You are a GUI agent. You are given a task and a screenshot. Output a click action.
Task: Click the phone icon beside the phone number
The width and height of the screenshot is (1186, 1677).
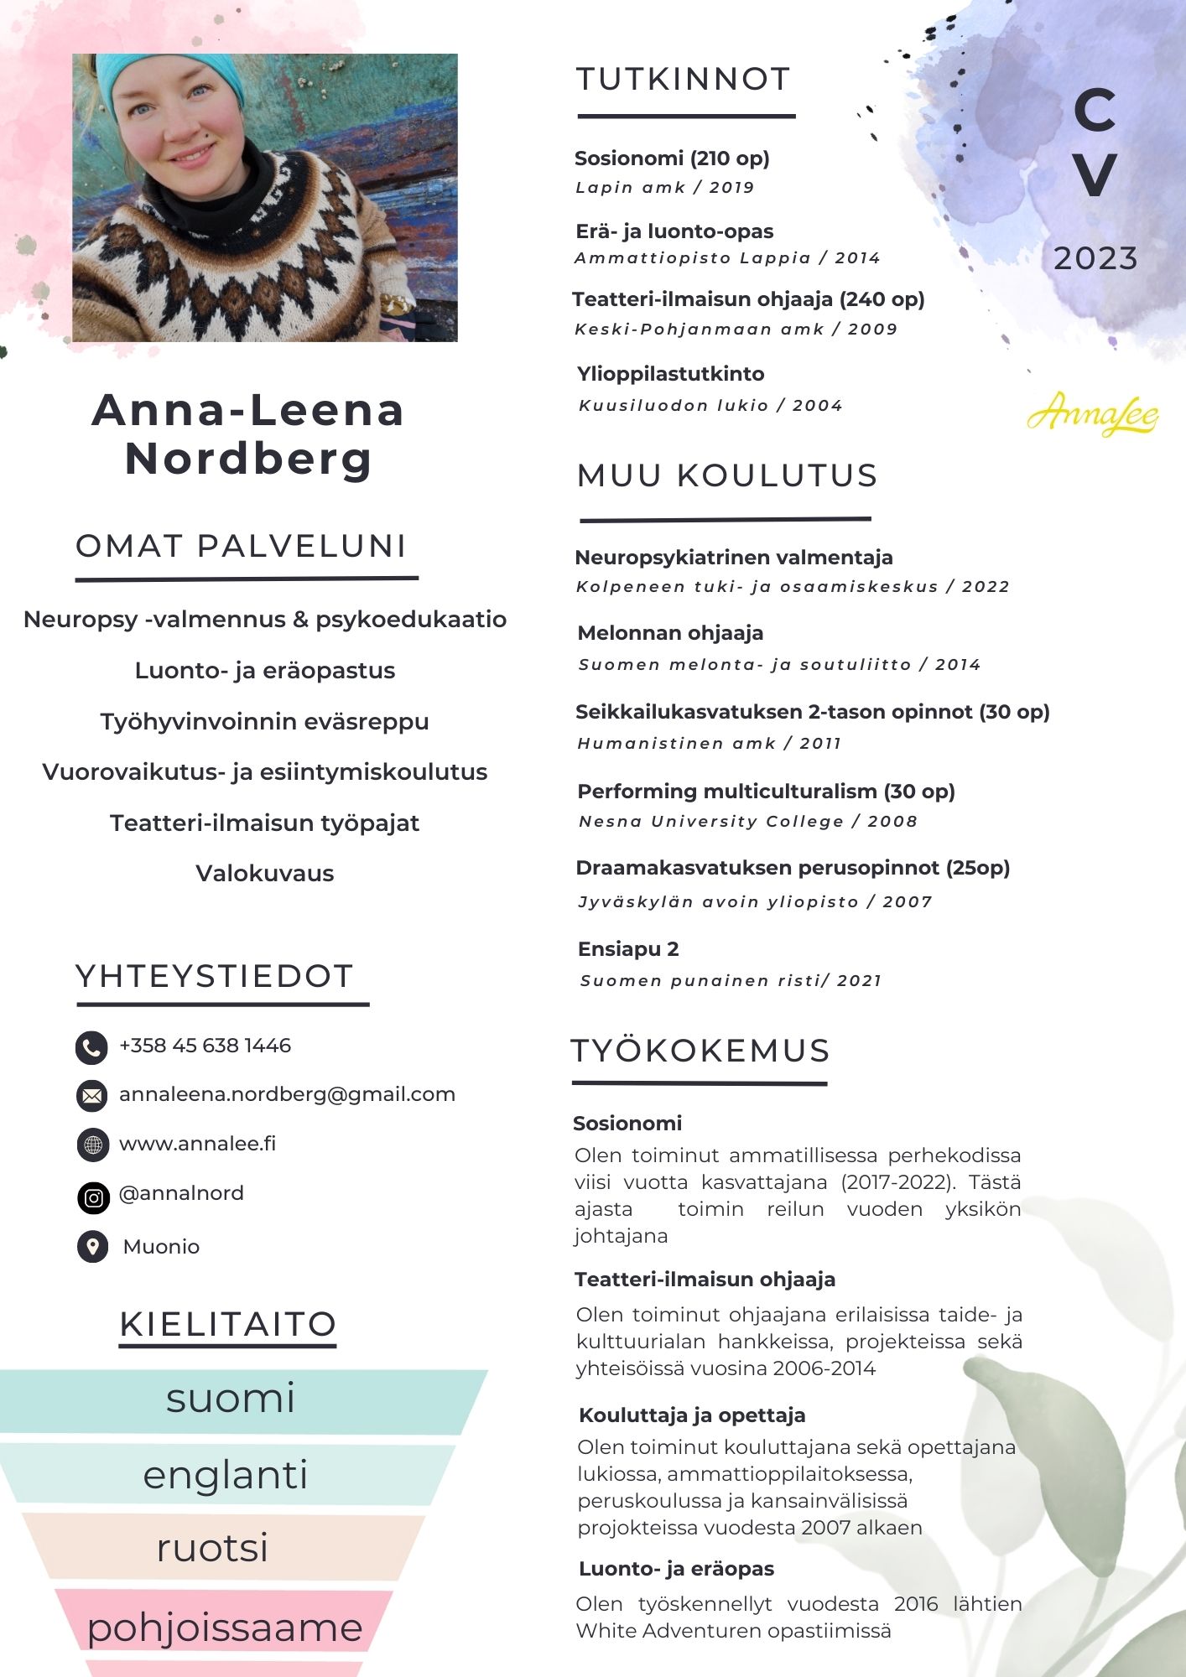coord(91,1047)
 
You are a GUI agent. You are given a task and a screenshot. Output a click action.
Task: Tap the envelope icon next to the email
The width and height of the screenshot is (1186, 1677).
coord(92,1096)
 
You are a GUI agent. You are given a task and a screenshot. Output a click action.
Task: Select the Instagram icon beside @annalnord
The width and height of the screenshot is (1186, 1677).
coord(93,1198)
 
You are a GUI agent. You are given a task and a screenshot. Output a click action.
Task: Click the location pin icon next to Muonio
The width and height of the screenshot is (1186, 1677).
coord(92,1246)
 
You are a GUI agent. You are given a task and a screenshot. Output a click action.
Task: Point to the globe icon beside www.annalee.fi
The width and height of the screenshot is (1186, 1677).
coord(92,1145)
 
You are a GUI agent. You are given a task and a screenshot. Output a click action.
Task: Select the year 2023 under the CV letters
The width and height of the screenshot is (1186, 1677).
coord(1095,258)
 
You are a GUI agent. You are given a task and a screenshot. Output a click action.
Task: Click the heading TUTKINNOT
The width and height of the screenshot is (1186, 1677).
coord(684,80)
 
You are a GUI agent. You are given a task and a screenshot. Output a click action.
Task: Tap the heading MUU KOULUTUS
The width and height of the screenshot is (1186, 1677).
coord(727,475)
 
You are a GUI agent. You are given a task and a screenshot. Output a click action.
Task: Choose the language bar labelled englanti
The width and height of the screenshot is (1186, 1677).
coord(226,1475)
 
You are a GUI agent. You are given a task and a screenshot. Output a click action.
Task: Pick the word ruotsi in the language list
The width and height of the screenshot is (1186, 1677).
coord(212,1547)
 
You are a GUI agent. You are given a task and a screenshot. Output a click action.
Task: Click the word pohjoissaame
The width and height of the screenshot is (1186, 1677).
coord(225,1627)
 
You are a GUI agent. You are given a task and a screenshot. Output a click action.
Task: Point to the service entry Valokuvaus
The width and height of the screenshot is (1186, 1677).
coord(264,873)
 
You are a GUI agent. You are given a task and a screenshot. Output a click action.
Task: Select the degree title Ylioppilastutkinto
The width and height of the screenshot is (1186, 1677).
coord(670,374)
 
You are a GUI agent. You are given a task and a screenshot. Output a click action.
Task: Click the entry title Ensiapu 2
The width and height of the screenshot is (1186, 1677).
coord(628,949)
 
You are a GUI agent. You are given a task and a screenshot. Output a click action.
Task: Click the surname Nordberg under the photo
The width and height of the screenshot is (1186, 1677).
coord(248,459)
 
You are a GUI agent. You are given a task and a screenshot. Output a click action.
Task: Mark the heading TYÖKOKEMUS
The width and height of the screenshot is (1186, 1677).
coord(700,1051)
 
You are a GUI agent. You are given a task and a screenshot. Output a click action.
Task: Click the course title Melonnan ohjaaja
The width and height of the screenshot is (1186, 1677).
coord(670,633)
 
